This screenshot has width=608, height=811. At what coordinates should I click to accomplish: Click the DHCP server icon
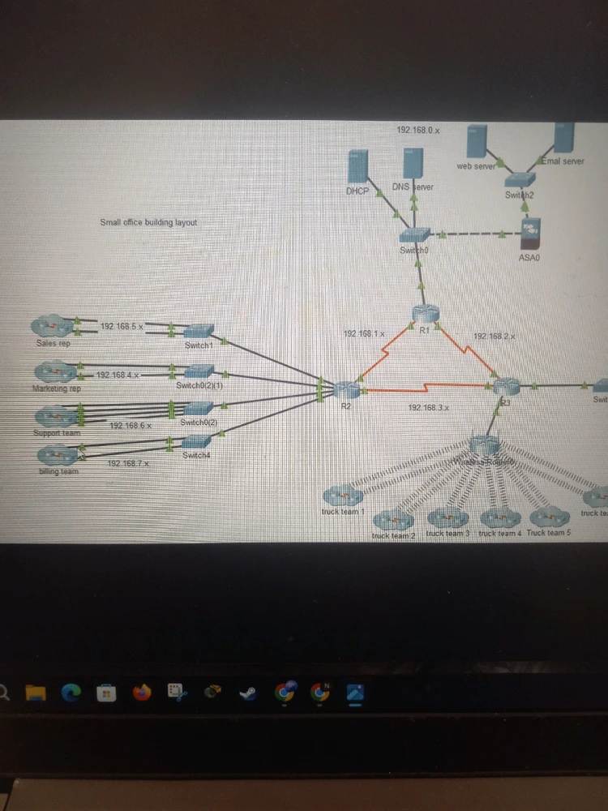tap(357, 168)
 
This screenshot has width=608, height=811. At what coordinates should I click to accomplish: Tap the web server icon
tap(476, 142)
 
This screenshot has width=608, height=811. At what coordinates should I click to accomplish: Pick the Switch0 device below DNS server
tap(415, 235)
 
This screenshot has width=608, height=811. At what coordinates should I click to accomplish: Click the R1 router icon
tap(423, 315)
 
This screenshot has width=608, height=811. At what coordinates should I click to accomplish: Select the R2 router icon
tap(345, 389)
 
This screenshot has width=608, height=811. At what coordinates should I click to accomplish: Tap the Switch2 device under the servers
tap(520, 179)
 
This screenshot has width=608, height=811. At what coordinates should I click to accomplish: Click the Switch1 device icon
tap(198, 331)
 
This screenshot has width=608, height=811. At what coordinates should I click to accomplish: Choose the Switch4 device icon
tap(196, 442)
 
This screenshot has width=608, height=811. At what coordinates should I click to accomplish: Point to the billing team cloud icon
tap(58, 457)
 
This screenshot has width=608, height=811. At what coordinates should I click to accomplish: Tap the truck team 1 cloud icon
tap(342, 496)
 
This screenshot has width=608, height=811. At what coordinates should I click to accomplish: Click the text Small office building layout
tap(148, 222)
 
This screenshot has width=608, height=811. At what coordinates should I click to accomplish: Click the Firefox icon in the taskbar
tap(143, 693)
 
